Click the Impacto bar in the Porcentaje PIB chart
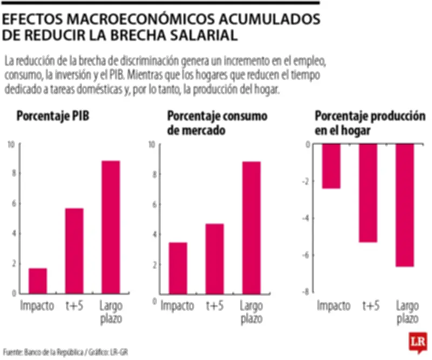(38, 281)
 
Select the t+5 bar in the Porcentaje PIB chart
(74, 251)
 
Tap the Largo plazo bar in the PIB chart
(111, 227)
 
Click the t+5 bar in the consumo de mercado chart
(214, 259)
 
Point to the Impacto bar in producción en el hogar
(331, 166)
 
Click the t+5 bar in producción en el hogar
(368, 193)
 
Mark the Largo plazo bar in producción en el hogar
(404, 205)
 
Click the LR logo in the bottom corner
(417, 342)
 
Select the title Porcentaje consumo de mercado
(217, 123)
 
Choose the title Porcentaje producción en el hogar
(370, 123)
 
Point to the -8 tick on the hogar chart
(306, 292)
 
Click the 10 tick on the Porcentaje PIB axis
(11, 144)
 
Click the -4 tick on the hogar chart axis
(306, 218)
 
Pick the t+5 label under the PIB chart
(74, 305)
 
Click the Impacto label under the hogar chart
(333, 305)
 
